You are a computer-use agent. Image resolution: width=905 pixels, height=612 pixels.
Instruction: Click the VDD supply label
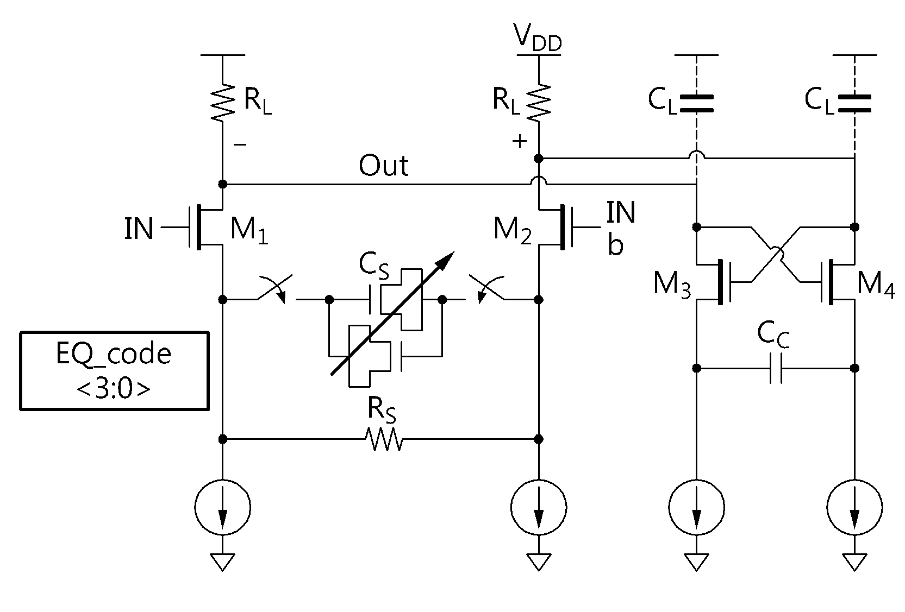click(x=538, y=38)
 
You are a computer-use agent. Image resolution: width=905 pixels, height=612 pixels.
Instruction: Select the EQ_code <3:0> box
click(x=114, y=371)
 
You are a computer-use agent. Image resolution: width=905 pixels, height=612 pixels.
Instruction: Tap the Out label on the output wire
click(x=383, y=166)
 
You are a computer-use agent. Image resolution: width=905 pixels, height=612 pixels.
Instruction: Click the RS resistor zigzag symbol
click(x=383, y=439)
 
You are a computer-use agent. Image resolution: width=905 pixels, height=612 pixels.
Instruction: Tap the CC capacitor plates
click(x=776, y=368)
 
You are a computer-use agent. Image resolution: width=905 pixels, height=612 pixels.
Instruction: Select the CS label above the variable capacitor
click(x=374, y=266)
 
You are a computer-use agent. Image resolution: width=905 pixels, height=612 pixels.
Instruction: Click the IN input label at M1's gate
click(x=139, y=229)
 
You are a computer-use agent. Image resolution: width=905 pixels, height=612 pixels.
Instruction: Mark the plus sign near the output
click(x=520, y=141)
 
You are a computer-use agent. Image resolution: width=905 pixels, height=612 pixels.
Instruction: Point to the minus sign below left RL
click(x=240, y=144)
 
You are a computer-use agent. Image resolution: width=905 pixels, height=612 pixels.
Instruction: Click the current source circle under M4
click(x=854, y=507)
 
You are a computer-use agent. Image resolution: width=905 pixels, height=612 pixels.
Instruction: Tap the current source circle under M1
click(x=223, y=507)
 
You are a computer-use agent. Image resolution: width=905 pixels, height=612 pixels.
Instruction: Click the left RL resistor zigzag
click(x=223, y=103)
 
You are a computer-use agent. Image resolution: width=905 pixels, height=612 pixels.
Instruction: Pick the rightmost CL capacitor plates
click(x=854, y=103)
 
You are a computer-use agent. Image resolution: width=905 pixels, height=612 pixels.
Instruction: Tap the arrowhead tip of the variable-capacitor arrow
click(x=455, y=251)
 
